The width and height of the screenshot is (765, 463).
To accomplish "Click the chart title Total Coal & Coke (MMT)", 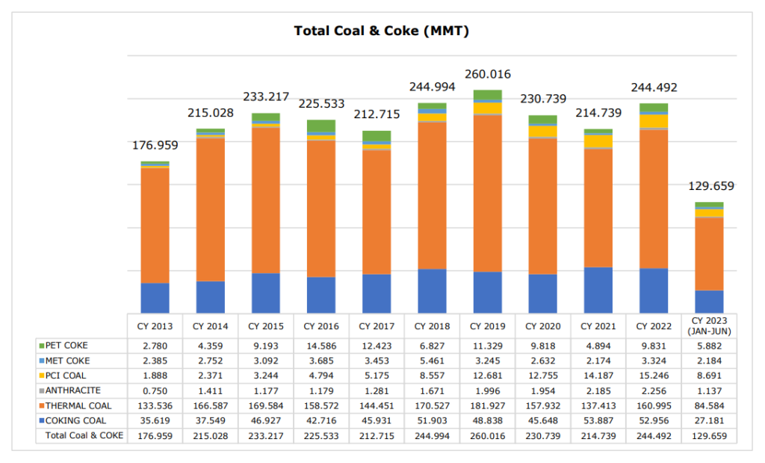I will tap(382, 31).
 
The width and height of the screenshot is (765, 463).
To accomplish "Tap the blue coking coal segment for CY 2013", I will tap(155, 298).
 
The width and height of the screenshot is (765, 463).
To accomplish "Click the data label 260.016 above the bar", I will tap(487, 74).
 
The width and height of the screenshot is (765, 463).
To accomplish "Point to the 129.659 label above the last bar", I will tap(709, 186).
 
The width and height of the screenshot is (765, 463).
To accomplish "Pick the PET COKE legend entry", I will tap(66, 346).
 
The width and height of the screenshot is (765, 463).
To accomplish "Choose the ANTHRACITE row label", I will tap(72, 390).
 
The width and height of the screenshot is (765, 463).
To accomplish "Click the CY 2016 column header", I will tap(321, 326).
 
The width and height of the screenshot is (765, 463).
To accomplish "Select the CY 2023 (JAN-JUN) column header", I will tap(709, 326).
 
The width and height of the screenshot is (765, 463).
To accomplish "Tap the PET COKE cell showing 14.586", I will tap(321, 346).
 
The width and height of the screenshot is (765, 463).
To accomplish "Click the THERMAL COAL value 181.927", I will tap(487, 405).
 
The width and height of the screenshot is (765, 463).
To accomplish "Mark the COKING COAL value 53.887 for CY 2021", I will tap(598, 420).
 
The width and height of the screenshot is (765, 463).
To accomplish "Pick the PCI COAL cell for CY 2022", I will tap(653, 375).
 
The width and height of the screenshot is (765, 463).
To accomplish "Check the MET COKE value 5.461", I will tap(432, 361).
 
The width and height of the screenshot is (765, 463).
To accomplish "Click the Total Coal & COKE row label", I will tap(84, 435).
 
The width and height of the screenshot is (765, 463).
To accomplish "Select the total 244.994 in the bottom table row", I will tap(432, 435).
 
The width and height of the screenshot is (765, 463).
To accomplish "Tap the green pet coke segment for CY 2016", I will tap(321, 126).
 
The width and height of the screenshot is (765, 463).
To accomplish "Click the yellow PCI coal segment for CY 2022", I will tap(653, 121).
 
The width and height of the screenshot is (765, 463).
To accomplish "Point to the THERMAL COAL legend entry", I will tap(78, 405).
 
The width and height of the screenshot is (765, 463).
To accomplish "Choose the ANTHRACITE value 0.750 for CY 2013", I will tap(155, 390).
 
